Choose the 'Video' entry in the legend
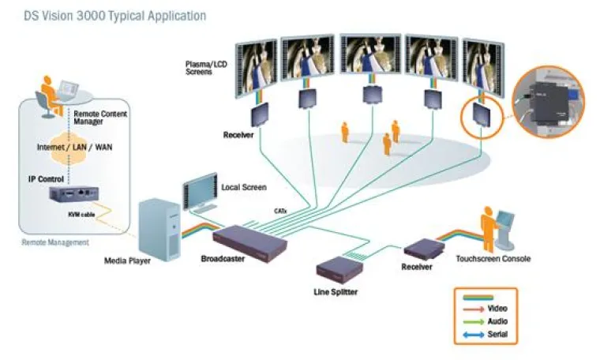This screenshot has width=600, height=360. pos(497,308)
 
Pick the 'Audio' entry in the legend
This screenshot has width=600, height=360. pos(497,321)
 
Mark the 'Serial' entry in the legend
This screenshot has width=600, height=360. pos(497,335)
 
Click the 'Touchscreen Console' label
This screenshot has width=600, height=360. pos(493,259)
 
